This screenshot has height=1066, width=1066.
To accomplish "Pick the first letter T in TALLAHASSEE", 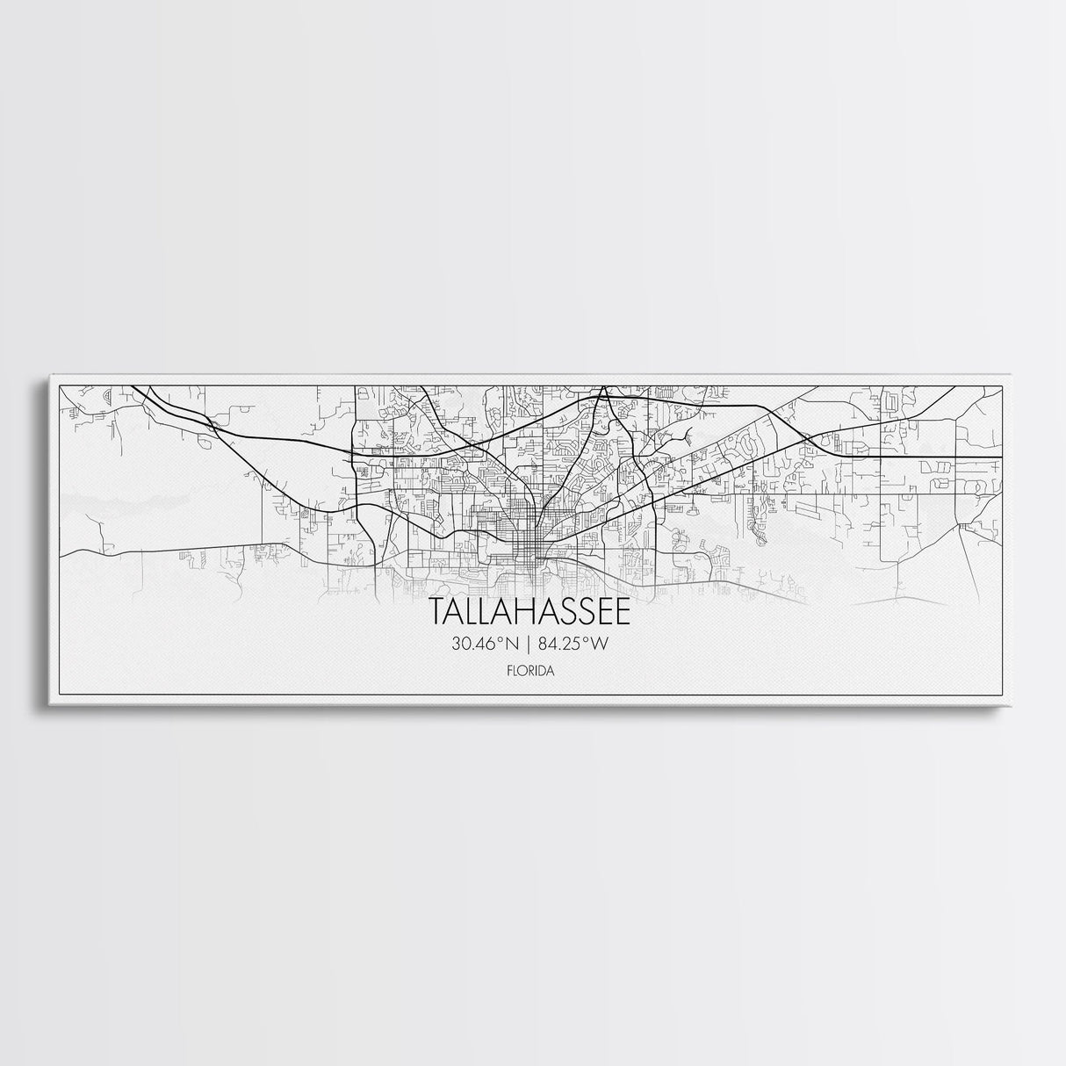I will coord(436,612).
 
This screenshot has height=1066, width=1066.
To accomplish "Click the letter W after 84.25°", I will coord(601,644).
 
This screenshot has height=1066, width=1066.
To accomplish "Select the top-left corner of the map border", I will coord(58,385).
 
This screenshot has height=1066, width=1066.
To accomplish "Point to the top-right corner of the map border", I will coord(1002,385).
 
